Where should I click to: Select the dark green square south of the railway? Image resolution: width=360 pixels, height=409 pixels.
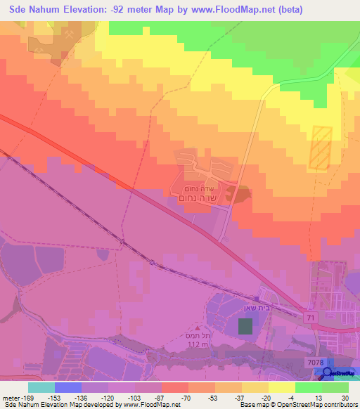(x=244, y=326)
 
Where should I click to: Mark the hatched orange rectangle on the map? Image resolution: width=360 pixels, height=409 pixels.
(x=320, y=148)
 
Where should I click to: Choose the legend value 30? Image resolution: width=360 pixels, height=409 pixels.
(x=345, y=398)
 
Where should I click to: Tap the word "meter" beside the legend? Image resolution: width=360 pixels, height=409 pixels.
(x=11, y=398)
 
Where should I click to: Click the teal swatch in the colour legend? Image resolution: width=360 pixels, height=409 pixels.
(x=41, y=387)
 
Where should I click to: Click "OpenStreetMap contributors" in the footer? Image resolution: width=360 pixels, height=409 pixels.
(x=313, y=405)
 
